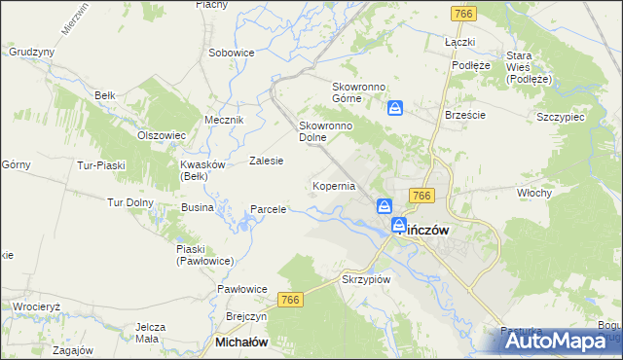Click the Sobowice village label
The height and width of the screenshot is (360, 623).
(x=232, y=53)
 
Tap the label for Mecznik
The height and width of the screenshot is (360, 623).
(x=223, y=119)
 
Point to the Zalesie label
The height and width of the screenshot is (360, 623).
(x=266, y=161)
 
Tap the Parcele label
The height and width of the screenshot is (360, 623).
(x=268, y=209)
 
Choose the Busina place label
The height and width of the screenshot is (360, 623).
(x=198, y=208)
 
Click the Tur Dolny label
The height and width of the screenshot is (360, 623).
(x=129, y=202)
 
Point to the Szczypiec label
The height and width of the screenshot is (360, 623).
(x=560, y=117)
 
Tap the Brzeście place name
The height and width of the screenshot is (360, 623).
(x=464, y=114)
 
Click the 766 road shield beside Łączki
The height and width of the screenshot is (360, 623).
(x=462, y=14)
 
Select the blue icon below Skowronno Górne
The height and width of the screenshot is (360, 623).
(x=395, y=109)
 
